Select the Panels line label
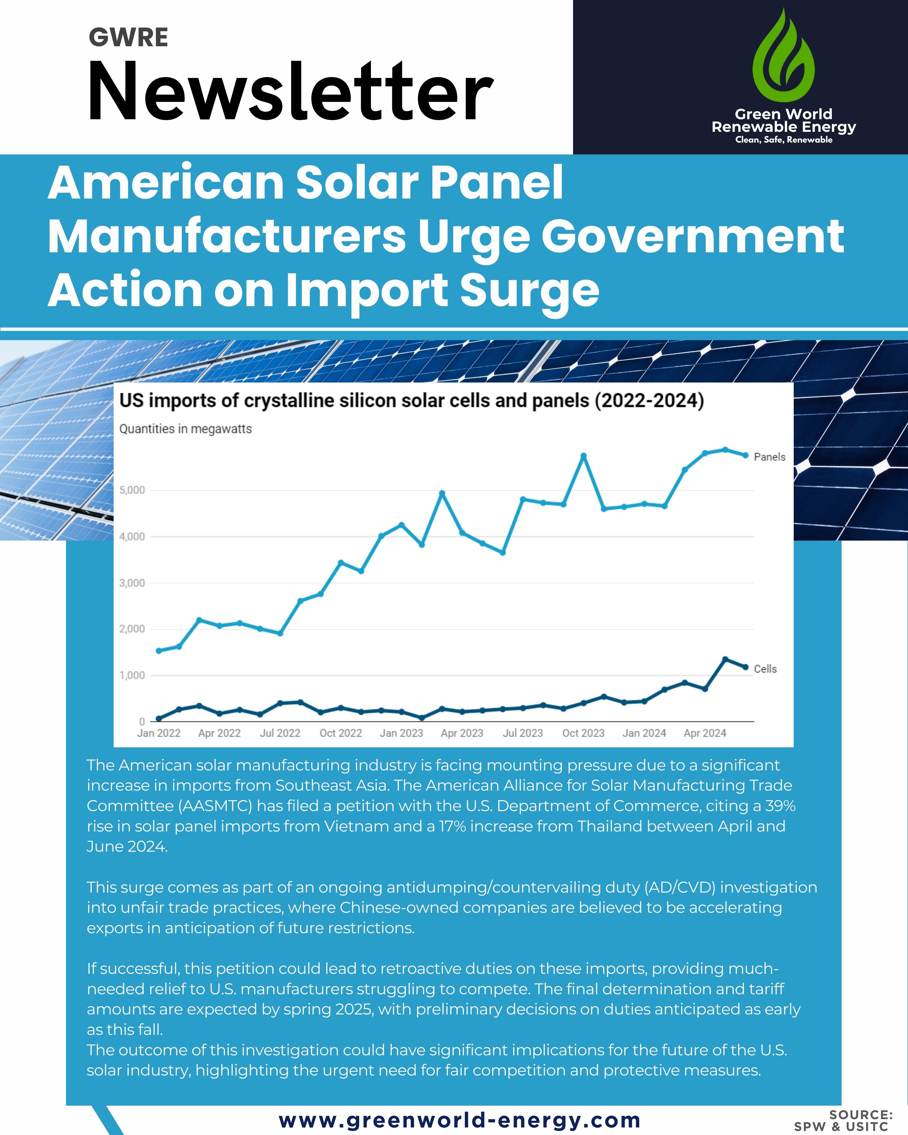[769, 457]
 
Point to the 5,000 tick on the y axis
[132, 490]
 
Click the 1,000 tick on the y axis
[132, 676]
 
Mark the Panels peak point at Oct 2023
[583, 456]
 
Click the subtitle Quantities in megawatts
[185, 429]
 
